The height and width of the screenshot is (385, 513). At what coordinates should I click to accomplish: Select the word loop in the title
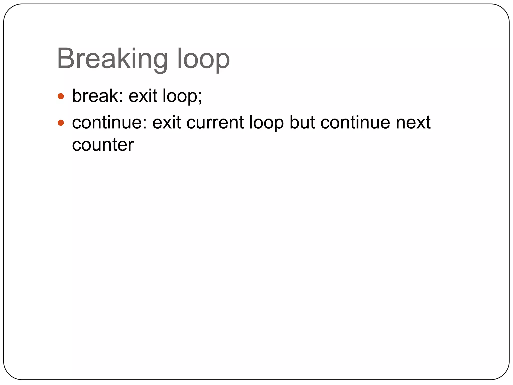click(x=203, y=59)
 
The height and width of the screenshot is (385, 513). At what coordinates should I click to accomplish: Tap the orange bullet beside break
click(x=61, y=96)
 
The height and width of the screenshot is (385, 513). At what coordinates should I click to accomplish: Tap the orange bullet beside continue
click(x=61, y=123)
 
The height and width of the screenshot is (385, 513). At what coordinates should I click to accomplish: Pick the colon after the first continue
click(x=145, y=124)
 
